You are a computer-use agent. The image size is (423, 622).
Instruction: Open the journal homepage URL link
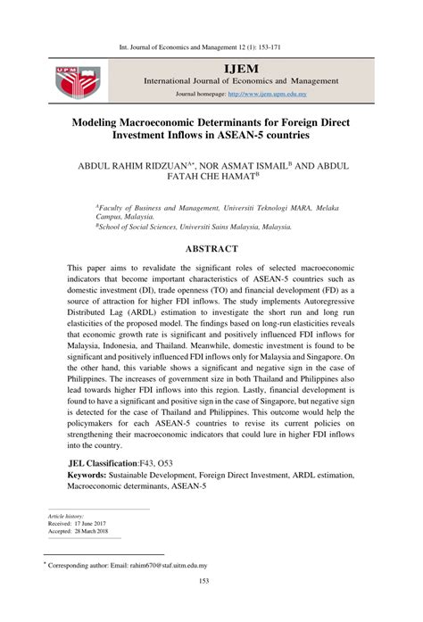(x=267, y=93)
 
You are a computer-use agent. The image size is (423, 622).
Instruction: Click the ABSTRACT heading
(x=211, y=248)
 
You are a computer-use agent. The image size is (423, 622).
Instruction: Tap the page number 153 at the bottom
(x=211, y=607)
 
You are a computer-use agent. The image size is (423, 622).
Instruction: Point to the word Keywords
(x=94, y=477)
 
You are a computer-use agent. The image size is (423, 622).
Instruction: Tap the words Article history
(x=67, y=516)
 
